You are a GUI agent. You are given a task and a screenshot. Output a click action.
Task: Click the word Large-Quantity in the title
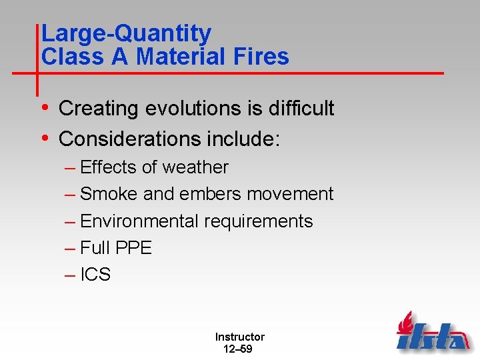126,33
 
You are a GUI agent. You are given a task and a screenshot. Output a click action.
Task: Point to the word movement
290,194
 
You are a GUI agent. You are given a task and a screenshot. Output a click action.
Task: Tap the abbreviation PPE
133,248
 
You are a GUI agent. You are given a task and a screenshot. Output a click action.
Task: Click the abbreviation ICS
95,275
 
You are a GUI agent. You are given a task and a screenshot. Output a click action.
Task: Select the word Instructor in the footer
239,337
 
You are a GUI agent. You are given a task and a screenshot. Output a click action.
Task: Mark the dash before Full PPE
71,248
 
